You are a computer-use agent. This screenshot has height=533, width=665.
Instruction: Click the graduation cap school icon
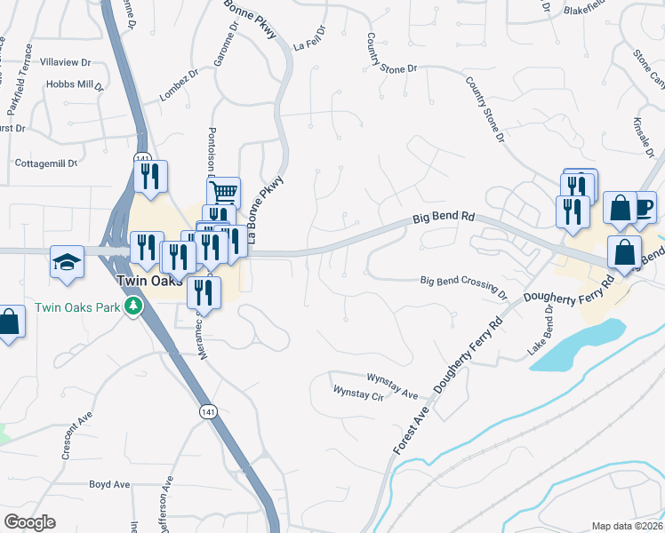coord(67,262)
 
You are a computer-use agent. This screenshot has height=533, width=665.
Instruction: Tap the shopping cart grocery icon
coord(224,190)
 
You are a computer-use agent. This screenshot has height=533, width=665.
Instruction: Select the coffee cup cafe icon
coord(642,207)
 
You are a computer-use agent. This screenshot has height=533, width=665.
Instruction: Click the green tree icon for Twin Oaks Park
coord(133,306)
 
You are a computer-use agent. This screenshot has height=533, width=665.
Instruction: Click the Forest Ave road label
coord(412,429)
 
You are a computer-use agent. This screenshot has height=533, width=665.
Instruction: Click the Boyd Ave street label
coord(109,484)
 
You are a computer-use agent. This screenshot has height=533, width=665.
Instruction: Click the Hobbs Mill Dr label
coord(76,85)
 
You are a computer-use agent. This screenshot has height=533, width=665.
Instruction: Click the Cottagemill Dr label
coord(47,163)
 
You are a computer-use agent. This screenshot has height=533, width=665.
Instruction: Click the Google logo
coord(29,522)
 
